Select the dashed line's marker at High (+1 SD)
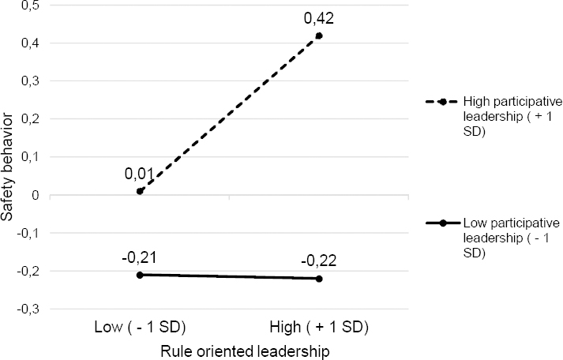319,36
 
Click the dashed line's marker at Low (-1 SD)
140,191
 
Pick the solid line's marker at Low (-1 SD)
140,275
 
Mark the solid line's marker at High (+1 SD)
319,279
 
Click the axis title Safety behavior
9,168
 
